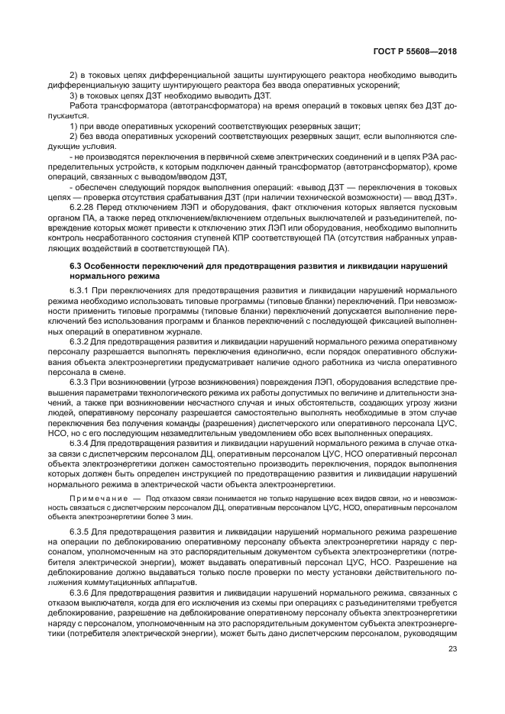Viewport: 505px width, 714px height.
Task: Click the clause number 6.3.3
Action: pos(80,380)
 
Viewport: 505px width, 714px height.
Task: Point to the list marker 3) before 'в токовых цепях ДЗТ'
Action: pos(73,96)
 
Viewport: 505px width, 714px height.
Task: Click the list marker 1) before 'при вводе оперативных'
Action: pos(73,124)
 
